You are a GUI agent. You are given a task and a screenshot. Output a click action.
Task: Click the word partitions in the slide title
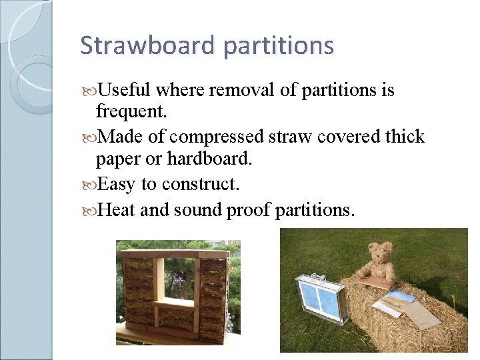click(279, 46)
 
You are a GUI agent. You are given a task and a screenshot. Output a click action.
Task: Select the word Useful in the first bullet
click(125, 90)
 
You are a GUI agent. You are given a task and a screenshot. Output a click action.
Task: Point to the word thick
click(405, 137)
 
